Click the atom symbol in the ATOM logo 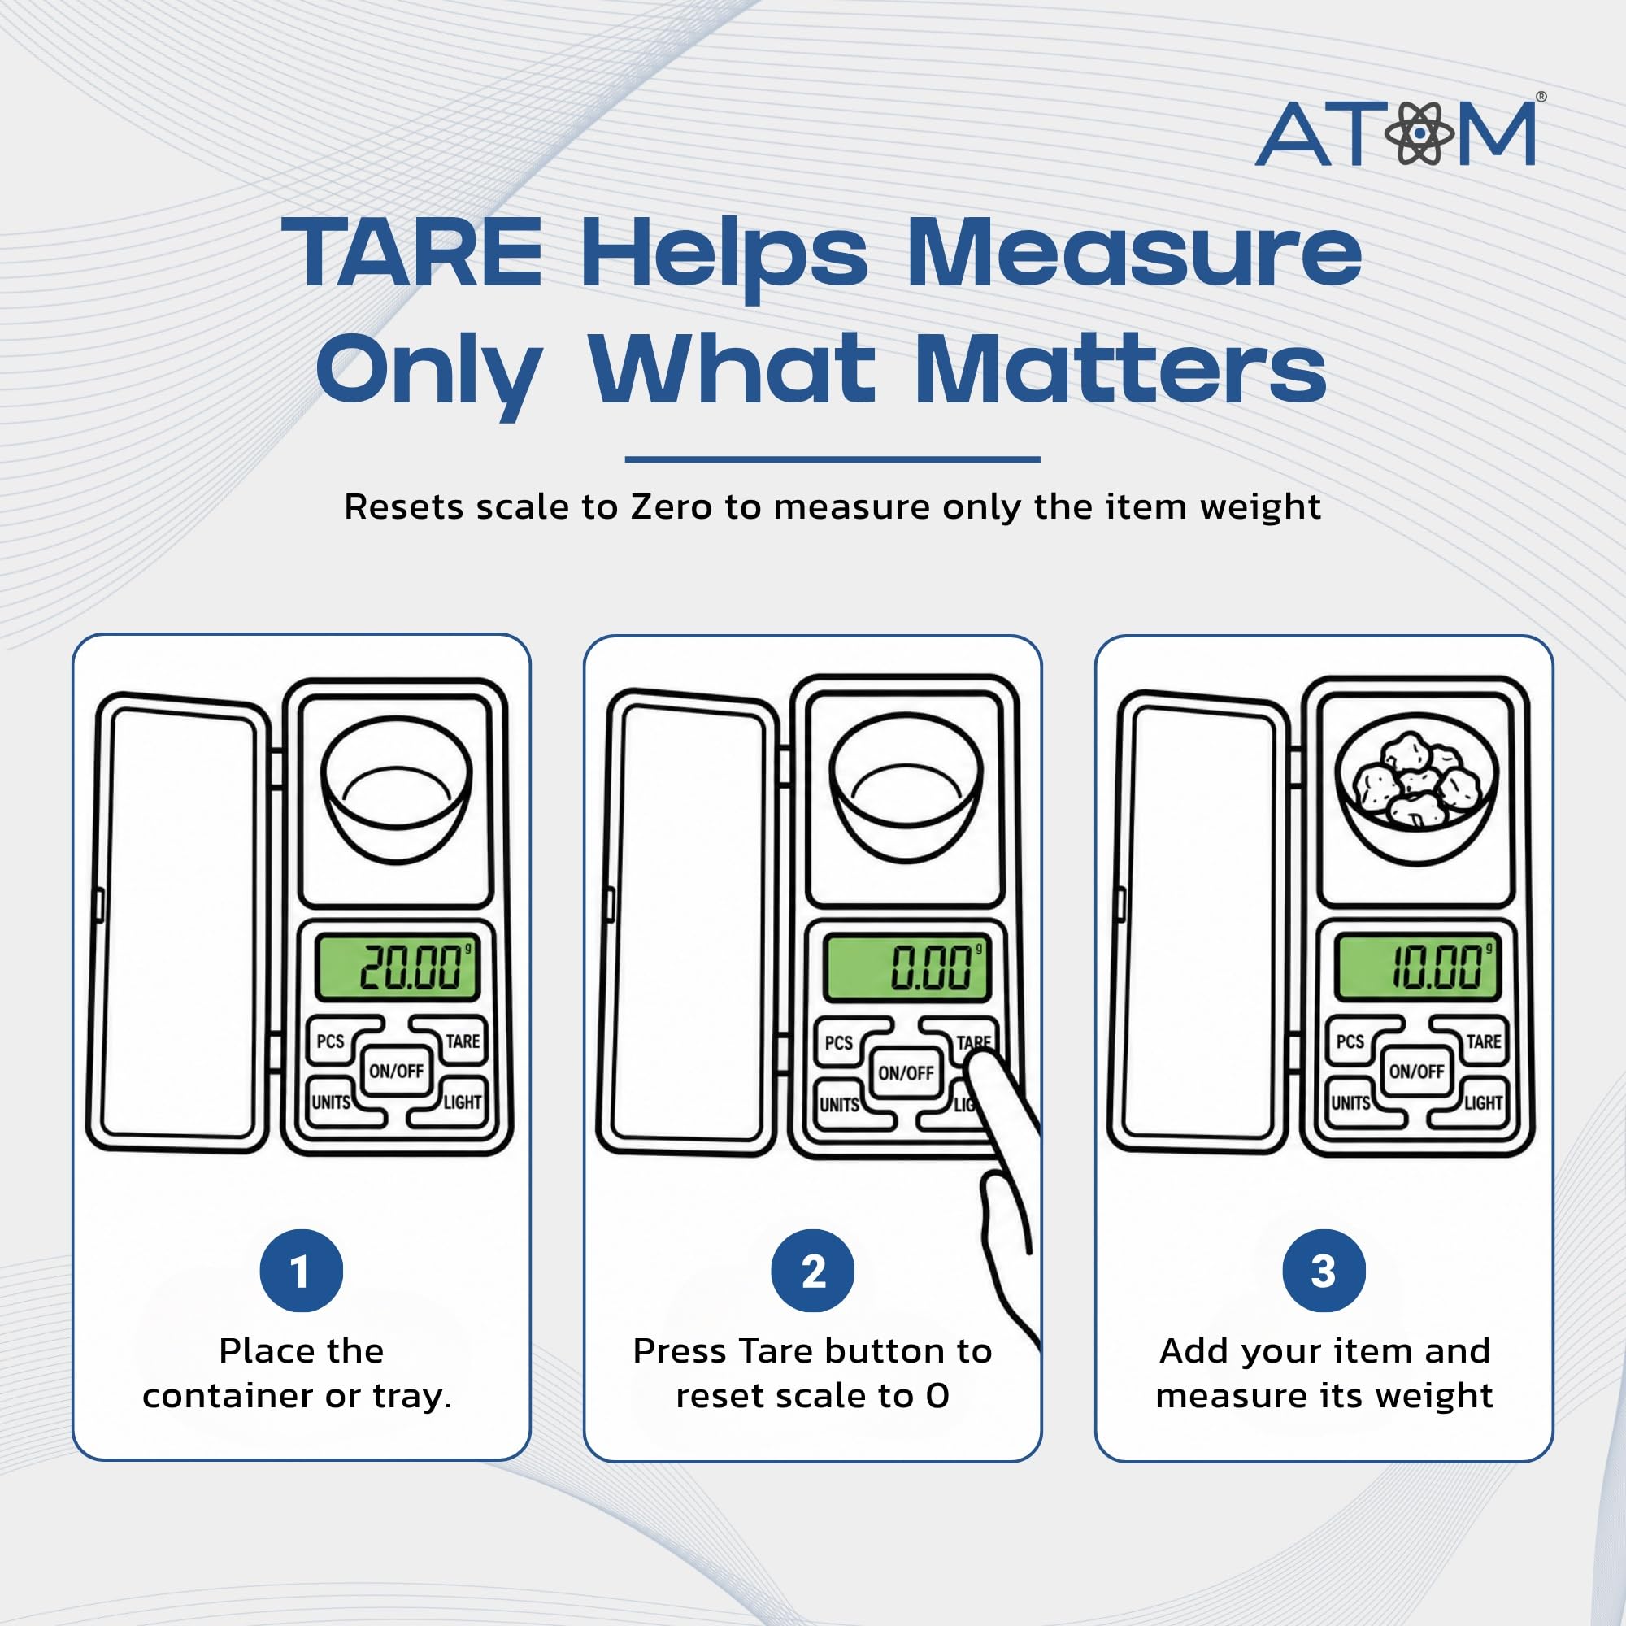[x=1419, y=133]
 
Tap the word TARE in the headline [x=412, y=252]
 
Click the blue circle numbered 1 [x=302, y=1270]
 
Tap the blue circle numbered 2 [x=812, y=1270]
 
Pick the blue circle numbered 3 [x=1324, y=1270]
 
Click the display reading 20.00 [x=398, y=967]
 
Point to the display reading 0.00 [x=906, y=967]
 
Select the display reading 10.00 [x=1417, y=967]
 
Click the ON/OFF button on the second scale [x=906, y=1073]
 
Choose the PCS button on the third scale [x=1357, y=1042]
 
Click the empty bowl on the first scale [x=397, y=789]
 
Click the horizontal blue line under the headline [x=833, y=459]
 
